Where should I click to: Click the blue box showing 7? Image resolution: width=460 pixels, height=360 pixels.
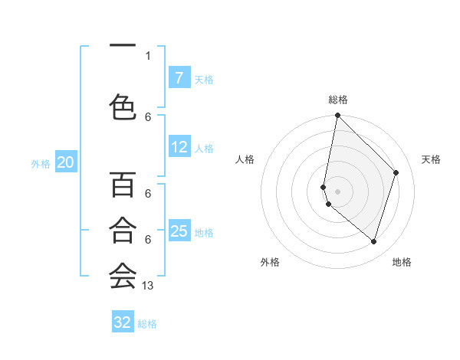(179, 78)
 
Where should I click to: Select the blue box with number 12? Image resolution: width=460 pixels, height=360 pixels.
(179, 147)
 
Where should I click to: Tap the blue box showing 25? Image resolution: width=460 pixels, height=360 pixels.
(179, 231)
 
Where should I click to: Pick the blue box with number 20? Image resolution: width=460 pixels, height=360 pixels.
(66, 162)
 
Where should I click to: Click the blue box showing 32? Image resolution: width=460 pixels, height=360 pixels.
(123, 322)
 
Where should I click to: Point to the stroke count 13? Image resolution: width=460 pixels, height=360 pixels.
(148, 286)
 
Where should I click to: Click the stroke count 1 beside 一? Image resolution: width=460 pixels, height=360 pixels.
(148, 55)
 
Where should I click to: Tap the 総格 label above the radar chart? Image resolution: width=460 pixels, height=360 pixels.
(338, 100)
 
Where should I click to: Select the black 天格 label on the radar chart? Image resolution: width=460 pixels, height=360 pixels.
(431, 159)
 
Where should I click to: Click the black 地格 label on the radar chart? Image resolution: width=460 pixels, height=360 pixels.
(402, 262)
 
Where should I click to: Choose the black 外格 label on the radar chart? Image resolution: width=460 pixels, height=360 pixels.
(270, 262)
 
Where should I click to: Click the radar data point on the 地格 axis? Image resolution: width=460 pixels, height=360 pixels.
(374, 241)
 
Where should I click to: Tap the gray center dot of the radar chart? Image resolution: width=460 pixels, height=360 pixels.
(338, 191)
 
